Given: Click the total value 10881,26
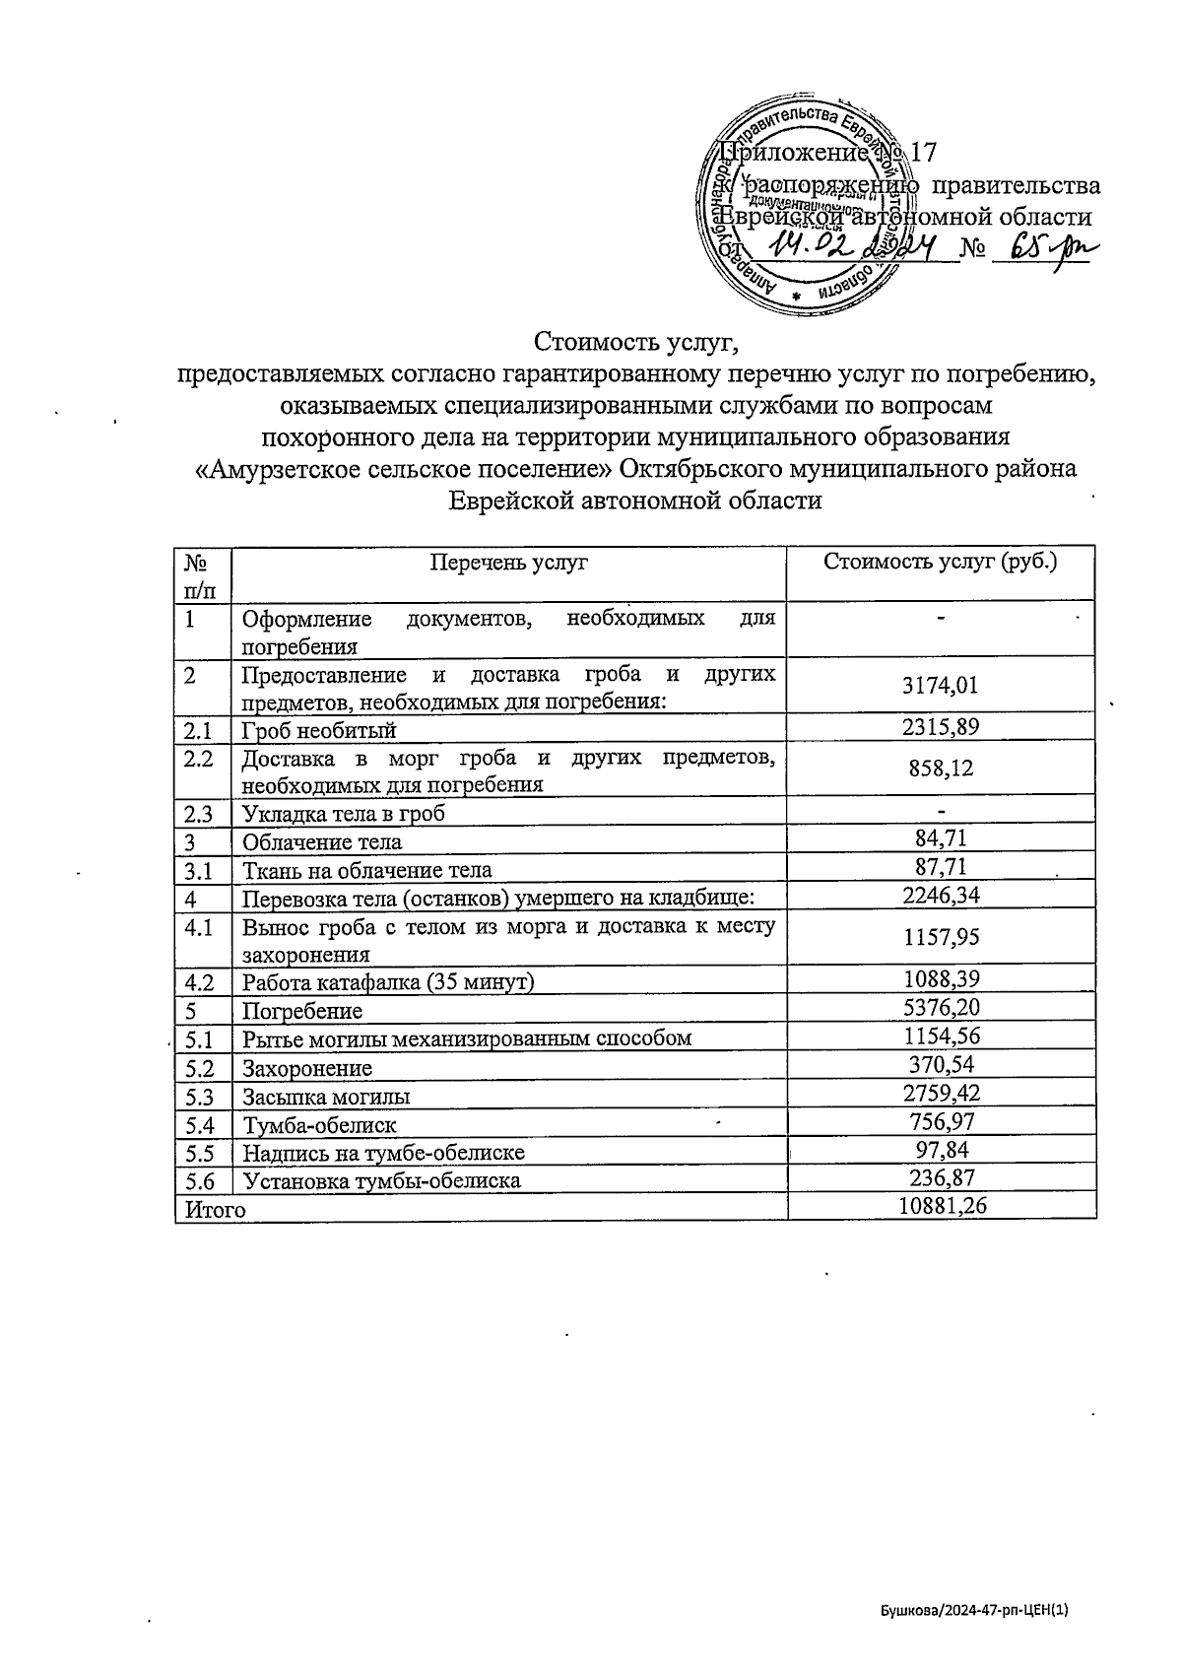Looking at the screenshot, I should (943, 1205).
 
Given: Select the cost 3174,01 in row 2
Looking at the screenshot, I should (941, 686).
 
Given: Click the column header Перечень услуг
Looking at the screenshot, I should (508, 563).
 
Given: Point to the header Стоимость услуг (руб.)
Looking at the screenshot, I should (941, 562).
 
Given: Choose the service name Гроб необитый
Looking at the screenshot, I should (319, 730).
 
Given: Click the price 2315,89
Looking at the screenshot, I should (941, 727).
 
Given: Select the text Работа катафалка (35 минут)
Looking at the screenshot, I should (388, 982).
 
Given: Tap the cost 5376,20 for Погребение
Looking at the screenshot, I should (942, 1007).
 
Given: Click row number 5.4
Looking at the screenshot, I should (200, 1123).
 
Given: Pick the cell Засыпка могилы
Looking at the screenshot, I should (326, 1096).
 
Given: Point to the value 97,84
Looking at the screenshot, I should (942, 1149).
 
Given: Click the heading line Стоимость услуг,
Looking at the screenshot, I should (635, 342).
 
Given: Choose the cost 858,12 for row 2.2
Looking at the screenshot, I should (941, 769).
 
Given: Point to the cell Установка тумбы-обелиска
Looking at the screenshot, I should (382, 1179).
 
